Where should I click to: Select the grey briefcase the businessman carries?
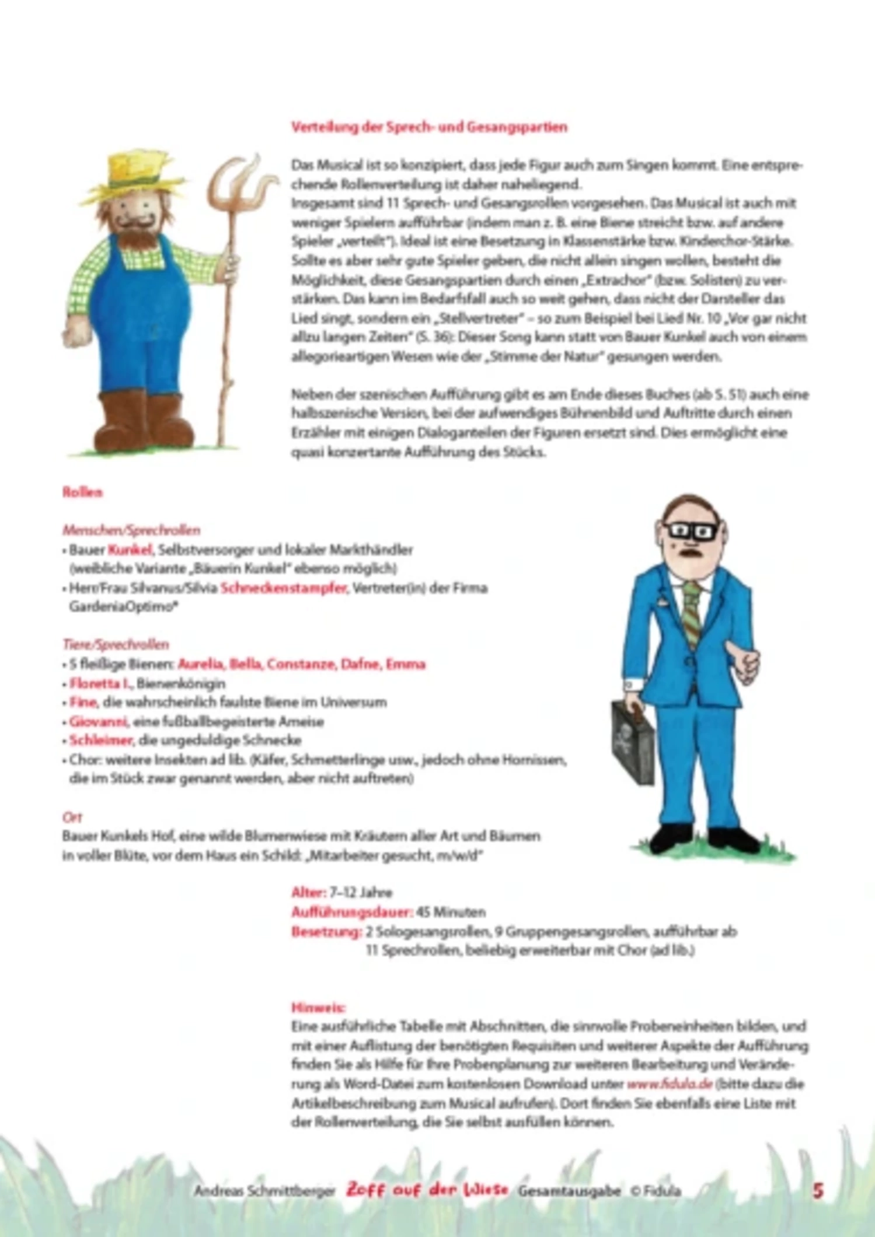coord(632,741)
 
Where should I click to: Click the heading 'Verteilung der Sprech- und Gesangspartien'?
coord(429,127)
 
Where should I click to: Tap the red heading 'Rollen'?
coord(82,492)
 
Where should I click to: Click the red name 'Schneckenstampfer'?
coord(284,588)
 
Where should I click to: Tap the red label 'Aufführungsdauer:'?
coord(351,911)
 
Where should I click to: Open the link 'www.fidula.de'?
coord(670,1084)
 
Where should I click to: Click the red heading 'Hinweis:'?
coord(319,1007)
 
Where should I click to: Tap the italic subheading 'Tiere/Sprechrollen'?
coord(116,644)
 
